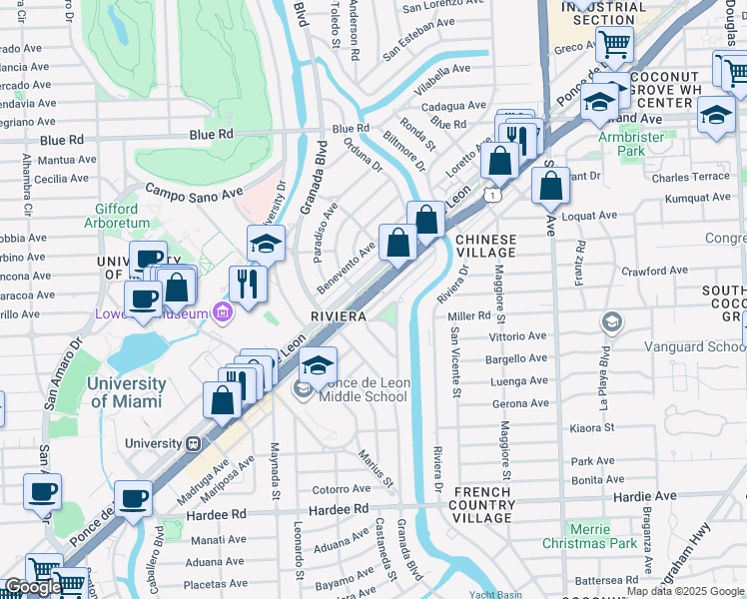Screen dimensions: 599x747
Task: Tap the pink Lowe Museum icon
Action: click(223, 313)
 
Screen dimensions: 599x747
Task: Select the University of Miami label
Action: click(127, 392)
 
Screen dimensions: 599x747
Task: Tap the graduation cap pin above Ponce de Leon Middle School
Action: click(318, 365)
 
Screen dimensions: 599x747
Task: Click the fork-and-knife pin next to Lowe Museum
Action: click(246, 284)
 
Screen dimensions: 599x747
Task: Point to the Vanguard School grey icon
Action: click(611, 322)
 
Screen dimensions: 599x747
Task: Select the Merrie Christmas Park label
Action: click(603, 536)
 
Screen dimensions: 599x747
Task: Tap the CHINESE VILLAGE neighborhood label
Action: click(485, 247)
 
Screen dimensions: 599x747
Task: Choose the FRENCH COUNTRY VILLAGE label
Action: click(483, 505)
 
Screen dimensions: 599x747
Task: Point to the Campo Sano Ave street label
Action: click(194, 190)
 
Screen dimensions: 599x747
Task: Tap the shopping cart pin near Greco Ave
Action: click(613, 44)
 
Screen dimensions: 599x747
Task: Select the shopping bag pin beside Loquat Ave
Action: click(549, 186)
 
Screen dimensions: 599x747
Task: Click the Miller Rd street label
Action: click(468, 315)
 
